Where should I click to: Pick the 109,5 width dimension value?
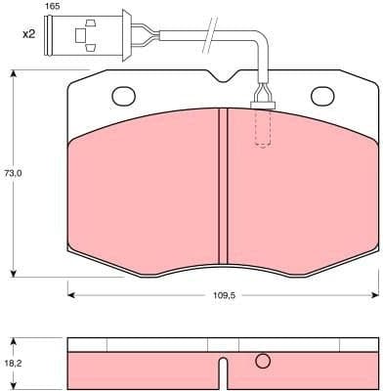(x=223, y=294)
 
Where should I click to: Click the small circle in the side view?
(x=262, y=363)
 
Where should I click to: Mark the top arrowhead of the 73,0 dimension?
(x=13, y=72)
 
